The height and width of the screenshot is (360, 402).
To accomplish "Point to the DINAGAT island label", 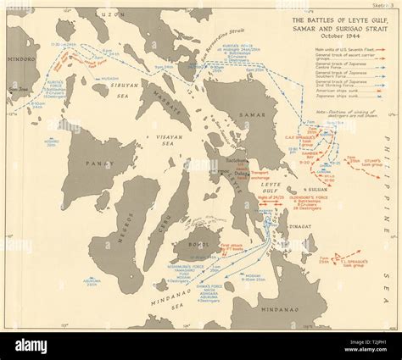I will tap(305, 226).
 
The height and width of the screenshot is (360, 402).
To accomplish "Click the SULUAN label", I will tap(308, 189).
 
